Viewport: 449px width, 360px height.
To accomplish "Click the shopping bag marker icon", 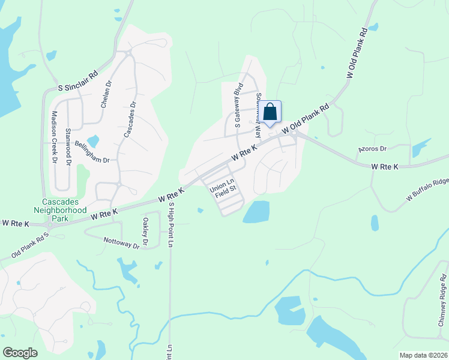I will click(x=271, y=112).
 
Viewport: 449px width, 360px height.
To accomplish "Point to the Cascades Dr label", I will click(x=130, y=119).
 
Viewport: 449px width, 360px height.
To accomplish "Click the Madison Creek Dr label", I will click(x=54, y=137).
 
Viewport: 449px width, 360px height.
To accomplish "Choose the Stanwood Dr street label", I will click(x=68, y=146).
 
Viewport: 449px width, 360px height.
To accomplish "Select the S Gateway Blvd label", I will click(x=238, y=106).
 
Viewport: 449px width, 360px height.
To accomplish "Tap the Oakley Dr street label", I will click(x=145, y=230).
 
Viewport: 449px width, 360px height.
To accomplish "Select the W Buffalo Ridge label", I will click(x=427, y=188).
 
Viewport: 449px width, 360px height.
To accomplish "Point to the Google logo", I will click(x=20, y=352).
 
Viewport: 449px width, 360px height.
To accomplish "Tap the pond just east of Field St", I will click(x=256, y=211).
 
